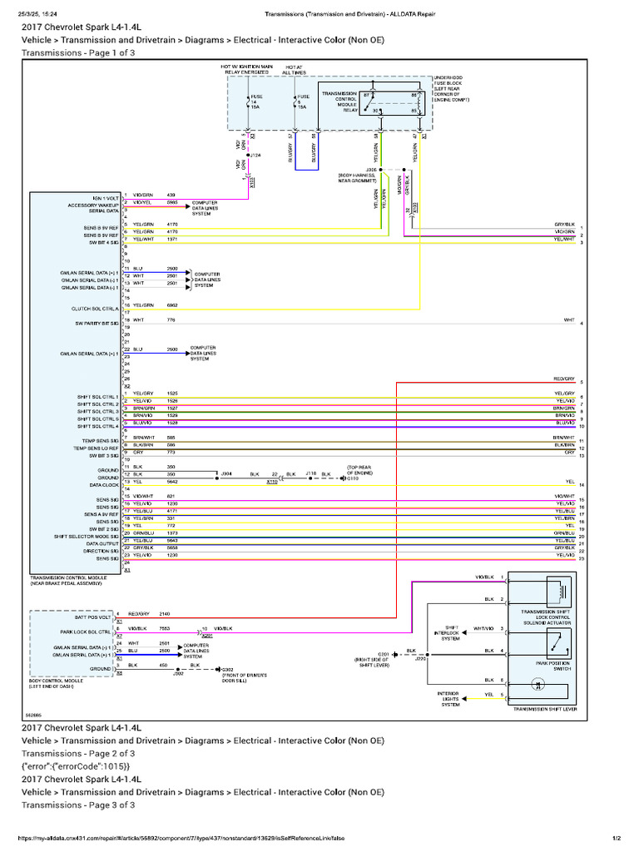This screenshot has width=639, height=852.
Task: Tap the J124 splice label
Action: click(x=255, y=155)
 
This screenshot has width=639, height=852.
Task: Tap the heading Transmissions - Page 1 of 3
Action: click(x=78, y=52)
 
